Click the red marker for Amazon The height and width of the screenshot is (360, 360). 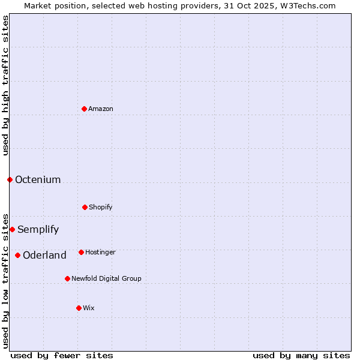[x=84, y=109]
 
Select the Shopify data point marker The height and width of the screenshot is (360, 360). [x=85, y=207]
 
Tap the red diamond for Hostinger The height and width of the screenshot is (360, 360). [x=81, y=252]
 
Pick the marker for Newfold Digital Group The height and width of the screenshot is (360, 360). [x=67, y=278]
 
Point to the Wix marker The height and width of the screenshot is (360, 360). [x=79, y=308]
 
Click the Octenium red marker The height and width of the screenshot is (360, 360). [x=10, y=179]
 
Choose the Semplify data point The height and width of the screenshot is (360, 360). [x=12, y=229]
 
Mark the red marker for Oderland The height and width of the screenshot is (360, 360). [x=17, y=255]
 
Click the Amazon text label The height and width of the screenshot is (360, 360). [x=101, y=109]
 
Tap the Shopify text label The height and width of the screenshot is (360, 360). [x=101, y=207]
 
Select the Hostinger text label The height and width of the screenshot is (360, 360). [x=100, y=252]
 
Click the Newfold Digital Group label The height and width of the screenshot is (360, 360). [x=106, y=278]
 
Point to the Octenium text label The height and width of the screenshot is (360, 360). [x=38, y=179]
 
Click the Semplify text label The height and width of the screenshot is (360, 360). [x=38, y=229]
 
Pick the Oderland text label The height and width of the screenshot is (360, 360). [x=44, y=255]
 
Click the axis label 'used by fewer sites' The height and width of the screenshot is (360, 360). [x=62, y=355]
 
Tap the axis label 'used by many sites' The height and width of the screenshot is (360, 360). [x=301, y=355]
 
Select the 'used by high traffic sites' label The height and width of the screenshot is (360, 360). [x=5, y=85]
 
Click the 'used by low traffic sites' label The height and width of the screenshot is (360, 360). [x=5, y=280]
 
